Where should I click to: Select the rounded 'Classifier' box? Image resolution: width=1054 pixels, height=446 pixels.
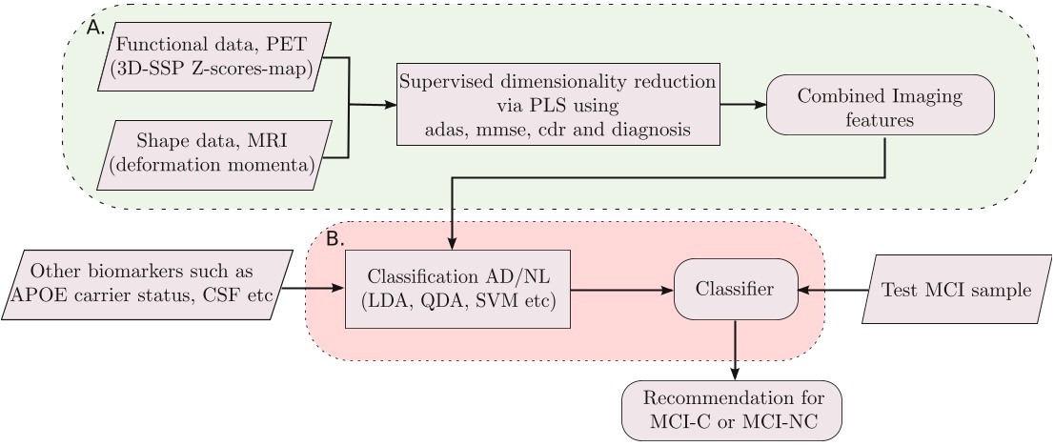(x=735, y=289)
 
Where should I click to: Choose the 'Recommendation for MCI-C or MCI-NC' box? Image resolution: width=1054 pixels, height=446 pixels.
(x=733, y=409)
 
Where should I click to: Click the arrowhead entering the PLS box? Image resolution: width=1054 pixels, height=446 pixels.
(x=390, y=105)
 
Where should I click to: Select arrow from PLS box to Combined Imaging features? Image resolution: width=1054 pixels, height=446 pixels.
(x=742, y=105)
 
